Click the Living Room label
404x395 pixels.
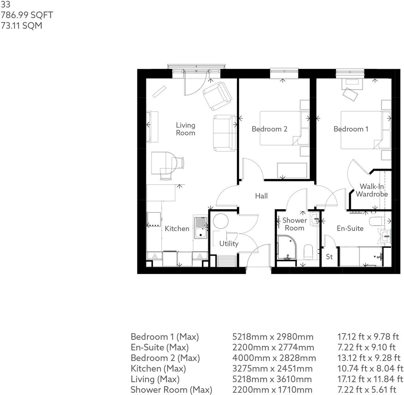pyautogui.click(x=185, y=129)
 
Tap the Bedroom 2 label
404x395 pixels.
pyautogui.click(x=269, y=129)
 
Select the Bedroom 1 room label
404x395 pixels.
pyautogui.click(x=351, y=129)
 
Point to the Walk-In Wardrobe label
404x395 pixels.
pyautogui.click(x=371, y=190)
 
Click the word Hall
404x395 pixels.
pyautogui.click(x=261, y=196)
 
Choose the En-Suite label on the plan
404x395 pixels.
pyautogui.click(x=350, y=228)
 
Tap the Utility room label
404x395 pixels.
pyautogui.click(x=229, y=244)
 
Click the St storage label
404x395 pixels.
pyautogui.click(x=329, y=256)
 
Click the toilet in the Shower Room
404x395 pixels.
pyautogui.click(x=308, y=252)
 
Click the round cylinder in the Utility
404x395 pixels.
pyautogui.click(x=221, y=221)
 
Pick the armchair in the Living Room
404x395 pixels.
pyautogui.click(x=217, y=95)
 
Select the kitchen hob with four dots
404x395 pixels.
pyautogui.click(x=154, y=220)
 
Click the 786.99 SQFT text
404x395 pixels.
pyautogui.click(x=27, y=15)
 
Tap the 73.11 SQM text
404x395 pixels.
pyautogui.click(x=21, y=26)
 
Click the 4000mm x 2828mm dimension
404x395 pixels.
pyautogui.click(x=274, y=358)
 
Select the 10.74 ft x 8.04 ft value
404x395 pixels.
pyautogui.click(x=370, y=369)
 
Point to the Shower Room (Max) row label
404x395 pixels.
pyautogui.click(x=171, y=390)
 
